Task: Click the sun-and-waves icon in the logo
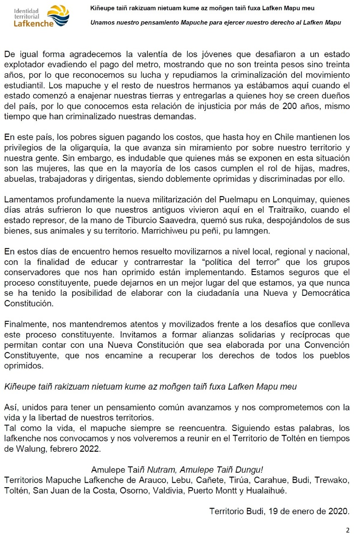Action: [x=58, y=16]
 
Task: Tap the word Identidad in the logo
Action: [x=26, y=10]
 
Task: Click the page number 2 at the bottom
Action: [x=347, y=530]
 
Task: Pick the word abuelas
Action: [x=18, y=179]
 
